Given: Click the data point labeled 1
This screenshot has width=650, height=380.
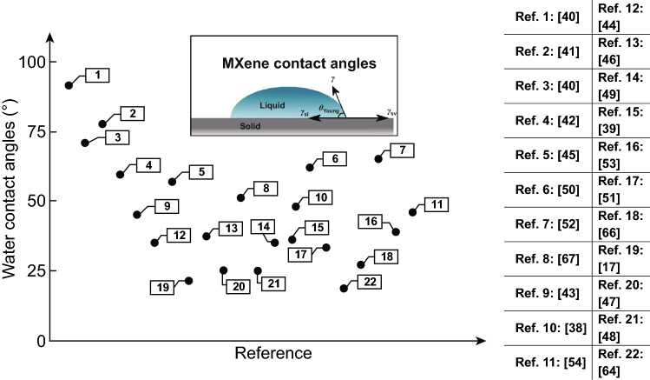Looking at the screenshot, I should click(69, 85).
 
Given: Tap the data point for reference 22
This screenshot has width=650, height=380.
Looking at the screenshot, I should click(345, 288).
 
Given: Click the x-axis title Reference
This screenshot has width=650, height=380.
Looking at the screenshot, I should click(273, 353).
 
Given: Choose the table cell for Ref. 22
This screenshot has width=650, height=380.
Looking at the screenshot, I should click(620, 363).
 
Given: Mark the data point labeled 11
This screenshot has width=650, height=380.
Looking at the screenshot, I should click(413, 211).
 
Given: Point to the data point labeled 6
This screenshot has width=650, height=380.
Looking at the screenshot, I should click(310, 167).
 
